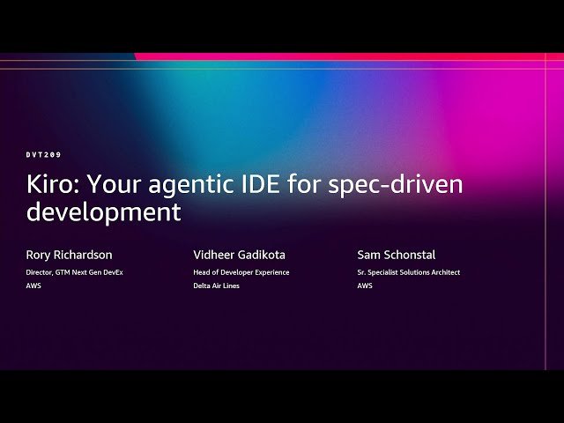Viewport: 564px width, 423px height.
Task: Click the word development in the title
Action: (104, 212)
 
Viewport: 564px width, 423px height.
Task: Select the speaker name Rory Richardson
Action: (69, 255)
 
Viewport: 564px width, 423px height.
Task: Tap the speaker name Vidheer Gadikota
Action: (239, 255)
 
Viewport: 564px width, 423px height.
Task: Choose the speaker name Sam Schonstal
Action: (397, 255)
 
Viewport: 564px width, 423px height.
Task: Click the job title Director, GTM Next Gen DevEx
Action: (74, 272)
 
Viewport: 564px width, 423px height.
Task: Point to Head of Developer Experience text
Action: (241, 272)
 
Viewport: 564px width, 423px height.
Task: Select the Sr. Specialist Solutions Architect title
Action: (409, 272)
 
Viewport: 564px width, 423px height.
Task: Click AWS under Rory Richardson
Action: (33, 286)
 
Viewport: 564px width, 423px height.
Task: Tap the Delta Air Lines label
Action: (216, 286)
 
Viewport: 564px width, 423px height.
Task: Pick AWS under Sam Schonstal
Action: (365, 286)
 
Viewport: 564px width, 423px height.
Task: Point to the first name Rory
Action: (40, 255)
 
